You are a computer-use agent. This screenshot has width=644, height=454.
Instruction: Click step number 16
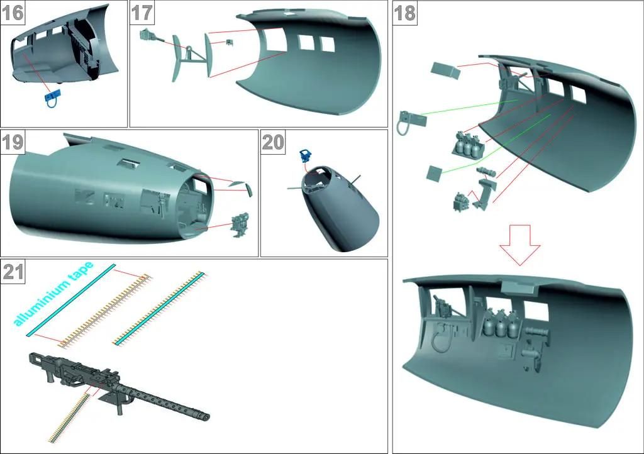(13, 13)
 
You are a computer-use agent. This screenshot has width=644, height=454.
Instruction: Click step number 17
(142, 13)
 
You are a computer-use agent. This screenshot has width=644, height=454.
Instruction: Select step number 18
(405, 13)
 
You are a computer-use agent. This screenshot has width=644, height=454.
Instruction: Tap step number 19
(13, 142)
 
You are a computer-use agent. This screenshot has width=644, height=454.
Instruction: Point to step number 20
(273, 142)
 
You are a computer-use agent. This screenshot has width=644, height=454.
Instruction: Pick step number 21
(13, 272)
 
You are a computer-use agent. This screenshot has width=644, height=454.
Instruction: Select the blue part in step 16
(52, 99)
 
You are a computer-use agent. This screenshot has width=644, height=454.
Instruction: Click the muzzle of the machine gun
(204, 416)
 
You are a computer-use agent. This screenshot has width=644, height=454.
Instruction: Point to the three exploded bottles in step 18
(467, 143)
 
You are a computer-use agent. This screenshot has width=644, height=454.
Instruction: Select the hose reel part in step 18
(411, 122)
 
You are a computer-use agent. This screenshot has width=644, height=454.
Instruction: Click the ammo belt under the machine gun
(69, 418)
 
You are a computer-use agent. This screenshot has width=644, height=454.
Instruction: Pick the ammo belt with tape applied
(160, 308)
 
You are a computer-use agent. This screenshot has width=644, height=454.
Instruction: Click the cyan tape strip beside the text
(71, 300)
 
